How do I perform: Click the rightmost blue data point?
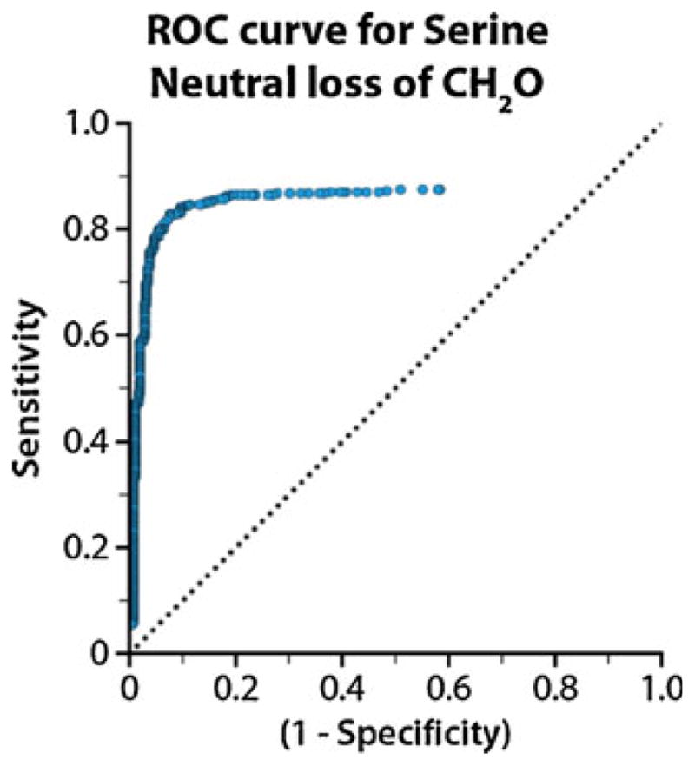pos(440,189)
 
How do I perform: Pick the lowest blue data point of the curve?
pos(133,624)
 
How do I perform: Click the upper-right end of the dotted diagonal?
pos(662,124)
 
